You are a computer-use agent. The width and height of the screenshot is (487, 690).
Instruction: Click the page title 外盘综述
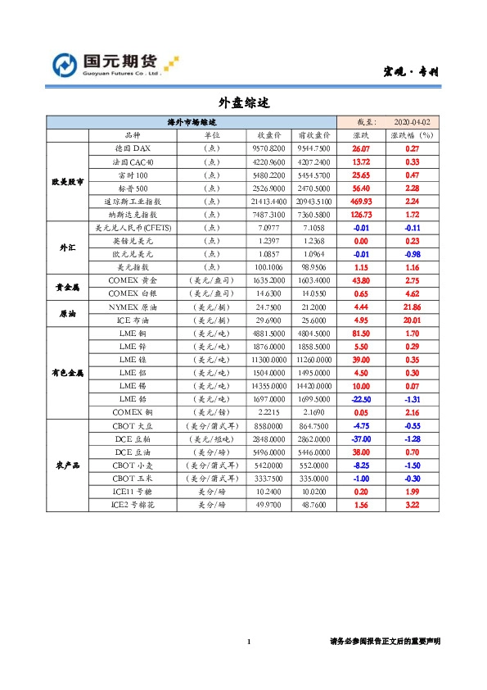click(x=243, y=104)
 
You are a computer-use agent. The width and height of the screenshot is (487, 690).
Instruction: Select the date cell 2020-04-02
click(x=411, y=122)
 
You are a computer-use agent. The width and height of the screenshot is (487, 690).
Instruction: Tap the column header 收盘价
click(x=270, y=135)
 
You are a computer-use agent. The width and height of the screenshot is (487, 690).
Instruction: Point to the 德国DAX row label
click(x=133, y=148)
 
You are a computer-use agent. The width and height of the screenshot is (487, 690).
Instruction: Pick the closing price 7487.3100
click(x=270, y=214)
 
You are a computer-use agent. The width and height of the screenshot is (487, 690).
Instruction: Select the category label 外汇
click(x=68, y=247)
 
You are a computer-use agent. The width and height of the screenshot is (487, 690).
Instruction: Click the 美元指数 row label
click(x=133, y=266)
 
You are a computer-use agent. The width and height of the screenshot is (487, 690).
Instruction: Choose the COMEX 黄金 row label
click(x=133, y=279)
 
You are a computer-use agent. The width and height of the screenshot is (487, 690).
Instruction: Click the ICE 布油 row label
click(x=133, y=319)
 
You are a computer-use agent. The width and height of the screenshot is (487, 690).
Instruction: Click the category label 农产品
click(x=68, y=465)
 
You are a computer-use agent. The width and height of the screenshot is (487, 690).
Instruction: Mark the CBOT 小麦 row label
click(x=133, y=465)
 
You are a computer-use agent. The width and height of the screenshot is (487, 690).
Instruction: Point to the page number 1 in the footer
click(x=247, y=642)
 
